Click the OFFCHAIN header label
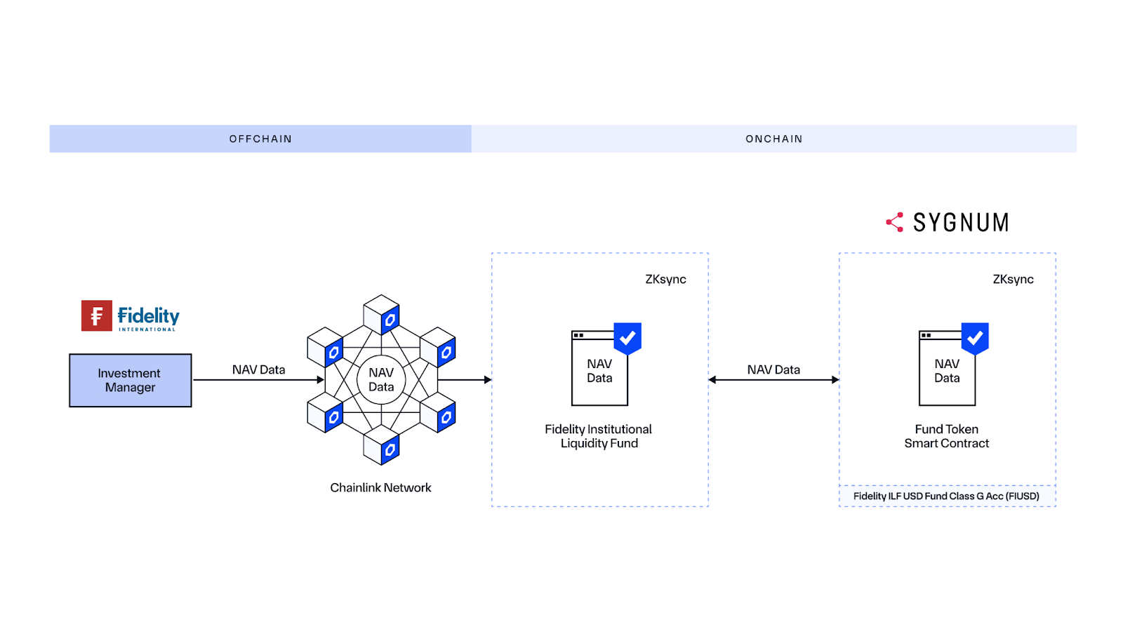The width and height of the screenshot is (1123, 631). pyautogui.click(x=260, y=139)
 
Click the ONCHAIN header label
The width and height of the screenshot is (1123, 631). pyautogui.click(x=773, y=139)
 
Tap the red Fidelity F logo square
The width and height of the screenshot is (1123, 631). pyautogui.click(x=97, y=315)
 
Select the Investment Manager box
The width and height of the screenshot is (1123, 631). pyautogui.click(x=130, y=380)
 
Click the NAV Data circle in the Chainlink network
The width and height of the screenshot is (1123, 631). pyautogui.click(x=381, y=380)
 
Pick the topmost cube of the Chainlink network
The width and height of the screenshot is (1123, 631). pyautogui.click(x=381, y=313)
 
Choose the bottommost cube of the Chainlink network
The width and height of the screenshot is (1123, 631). pyautogui.click(x=381, y=445)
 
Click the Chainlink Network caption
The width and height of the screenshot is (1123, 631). pyautogui.click(x=380, y=487)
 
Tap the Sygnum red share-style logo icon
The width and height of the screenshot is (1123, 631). pyautogui.click(x=895, y=222)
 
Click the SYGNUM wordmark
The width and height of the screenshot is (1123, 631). pyautogui.click(x=961, y=223)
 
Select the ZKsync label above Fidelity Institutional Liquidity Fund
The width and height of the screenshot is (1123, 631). pyautogui.click(x=665, y=279)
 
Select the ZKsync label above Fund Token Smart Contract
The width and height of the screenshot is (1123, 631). pyautogui.click(x=1013, y=279)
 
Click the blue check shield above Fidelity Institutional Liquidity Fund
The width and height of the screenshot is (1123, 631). pyautogui.click(x=627, y=338)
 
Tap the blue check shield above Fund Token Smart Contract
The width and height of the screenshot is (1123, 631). pyautogui.click(x=975, y=338)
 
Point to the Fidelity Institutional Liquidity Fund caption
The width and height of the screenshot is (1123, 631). pyautogui.click(x=599, y=436)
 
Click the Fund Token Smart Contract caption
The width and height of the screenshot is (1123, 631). pyautogui.click(x=946, y=436)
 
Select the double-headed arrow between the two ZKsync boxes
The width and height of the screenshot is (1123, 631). pyautogui.click(x=773, y=380)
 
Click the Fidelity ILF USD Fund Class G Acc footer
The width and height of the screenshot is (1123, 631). pyautogui.click(x=946, y=496)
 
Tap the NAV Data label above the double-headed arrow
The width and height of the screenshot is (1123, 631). pyautogui.click(x=773, y=369)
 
